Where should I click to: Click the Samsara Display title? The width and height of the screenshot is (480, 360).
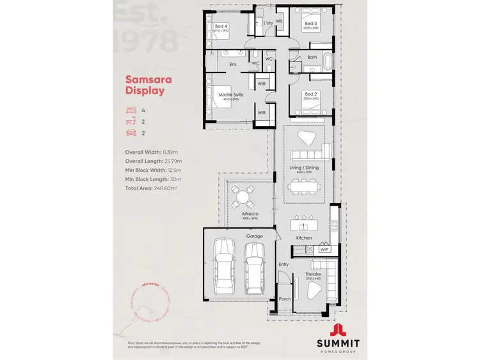[145, 85]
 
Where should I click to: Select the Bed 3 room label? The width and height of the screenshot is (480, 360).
[311, 24]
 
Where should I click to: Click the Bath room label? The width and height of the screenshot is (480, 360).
[312, 57]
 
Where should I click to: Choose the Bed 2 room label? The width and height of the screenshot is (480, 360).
[311, 94]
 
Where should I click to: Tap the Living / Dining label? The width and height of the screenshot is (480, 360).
[304, 167]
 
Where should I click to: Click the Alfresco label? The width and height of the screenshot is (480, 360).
[241, 215]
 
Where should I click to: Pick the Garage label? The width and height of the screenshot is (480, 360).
[255, 236]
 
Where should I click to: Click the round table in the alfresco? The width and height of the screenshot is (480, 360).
[241, 194]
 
